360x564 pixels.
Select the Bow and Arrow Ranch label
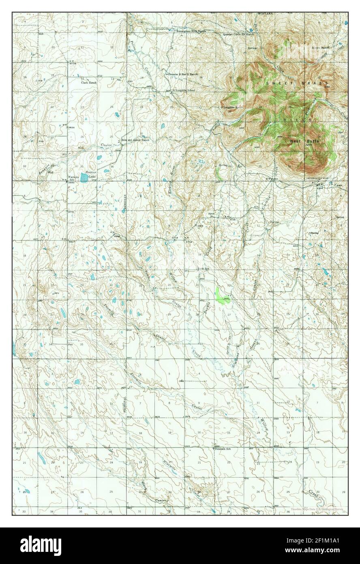click(135, 140)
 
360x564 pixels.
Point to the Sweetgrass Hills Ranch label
click(191, 31)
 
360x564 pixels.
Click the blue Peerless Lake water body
click(84, 177)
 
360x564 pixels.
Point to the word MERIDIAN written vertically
click(125, 202)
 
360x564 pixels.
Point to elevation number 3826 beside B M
click(71, 127)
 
